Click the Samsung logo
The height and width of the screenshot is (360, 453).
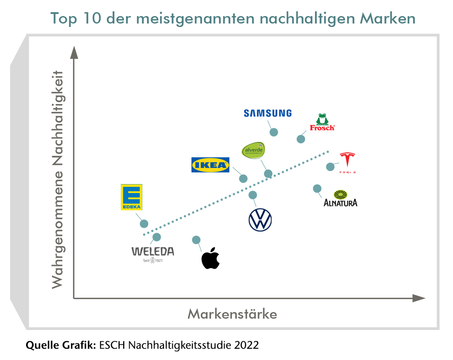tap(267, 113)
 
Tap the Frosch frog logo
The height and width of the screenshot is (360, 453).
tap(322, 122)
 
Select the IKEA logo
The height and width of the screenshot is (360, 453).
tap(210, 165)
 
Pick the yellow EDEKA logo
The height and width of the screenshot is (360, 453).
tap(131, 197)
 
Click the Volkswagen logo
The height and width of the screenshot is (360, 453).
tap(260, 219)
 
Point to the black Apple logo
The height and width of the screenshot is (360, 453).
tap(210, 258)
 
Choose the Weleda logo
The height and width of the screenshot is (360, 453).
tap(153, 254)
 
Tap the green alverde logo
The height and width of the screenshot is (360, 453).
tap(253, 151)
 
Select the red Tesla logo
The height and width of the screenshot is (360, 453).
tap(347, 163)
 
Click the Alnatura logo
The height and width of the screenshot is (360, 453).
tap(340, 199)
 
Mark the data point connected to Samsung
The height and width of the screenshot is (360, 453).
tap(274, 132)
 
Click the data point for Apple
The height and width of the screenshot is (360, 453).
tap(196, 240)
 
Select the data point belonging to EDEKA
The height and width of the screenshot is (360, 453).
tap(144, 223)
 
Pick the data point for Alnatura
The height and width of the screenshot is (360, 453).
tap(317, 188)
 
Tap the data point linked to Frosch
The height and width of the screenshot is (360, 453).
tap(301, 139)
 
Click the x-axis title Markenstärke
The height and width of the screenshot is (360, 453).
tap(232, 314)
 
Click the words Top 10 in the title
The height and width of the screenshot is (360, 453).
tap(74, 19)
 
